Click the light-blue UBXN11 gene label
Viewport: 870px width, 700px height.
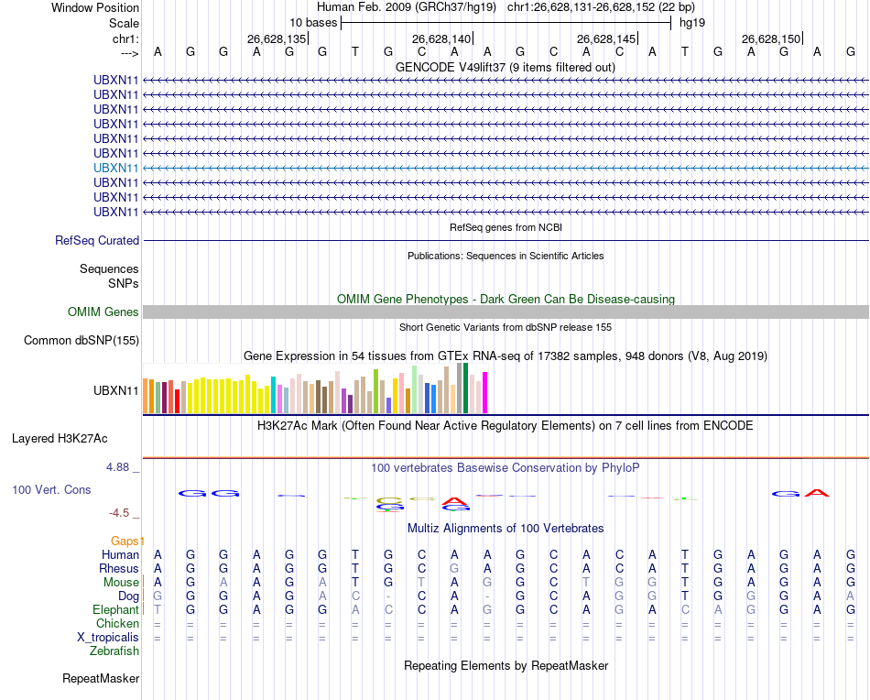tap(116, 168)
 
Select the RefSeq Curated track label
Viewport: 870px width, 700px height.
tap(97, 240)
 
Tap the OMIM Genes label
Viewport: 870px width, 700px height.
tap(103, 312)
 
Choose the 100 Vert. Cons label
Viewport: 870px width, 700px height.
tap(51, 490)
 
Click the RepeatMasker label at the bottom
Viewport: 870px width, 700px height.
tap(101, 679)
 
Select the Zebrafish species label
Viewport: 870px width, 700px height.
tap(114, 651)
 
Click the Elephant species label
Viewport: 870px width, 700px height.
tap(115, 610)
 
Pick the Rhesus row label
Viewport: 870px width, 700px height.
tap(118, 569)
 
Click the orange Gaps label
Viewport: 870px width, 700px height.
tap(127, 541)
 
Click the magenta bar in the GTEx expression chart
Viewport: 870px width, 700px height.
tap(485, 392)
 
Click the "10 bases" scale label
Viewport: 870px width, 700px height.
tap(313, 21)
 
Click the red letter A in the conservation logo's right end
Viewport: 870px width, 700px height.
tap(818, 493)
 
